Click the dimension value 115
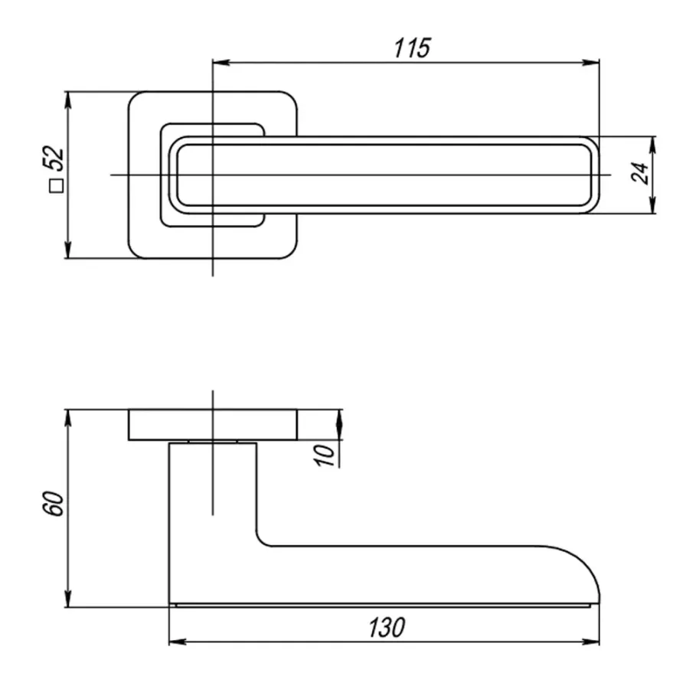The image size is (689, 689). [412, 48]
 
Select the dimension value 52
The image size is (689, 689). [54, 158]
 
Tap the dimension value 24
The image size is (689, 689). [639, 173]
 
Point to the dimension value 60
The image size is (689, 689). [53, 504]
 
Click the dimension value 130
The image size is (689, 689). [387, 628]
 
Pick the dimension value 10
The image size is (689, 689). [325, 456]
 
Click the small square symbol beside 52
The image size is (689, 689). [56, 186]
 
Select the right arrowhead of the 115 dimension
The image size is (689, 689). [591, 63]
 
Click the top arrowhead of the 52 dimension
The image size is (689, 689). [67, 100]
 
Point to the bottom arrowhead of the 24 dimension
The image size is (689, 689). [652, 205]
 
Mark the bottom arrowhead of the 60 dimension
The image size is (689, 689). [67, 599]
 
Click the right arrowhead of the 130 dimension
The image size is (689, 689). [591, 642]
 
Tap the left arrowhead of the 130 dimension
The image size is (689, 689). [178, 642]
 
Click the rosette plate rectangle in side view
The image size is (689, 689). [213, 424]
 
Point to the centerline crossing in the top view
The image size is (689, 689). [213, 175]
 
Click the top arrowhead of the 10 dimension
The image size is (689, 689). [339, 418]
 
